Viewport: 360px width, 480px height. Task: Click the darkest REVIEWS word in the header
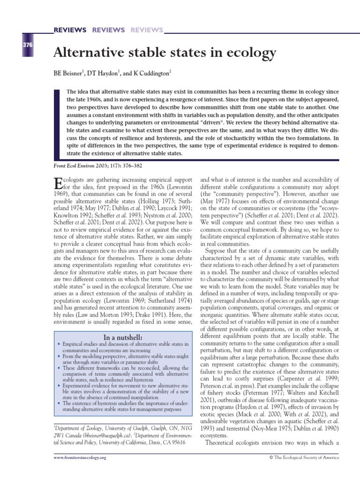(70, 30)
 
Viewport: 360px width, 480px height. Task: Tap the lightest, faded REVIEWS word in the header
(147, 30)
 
